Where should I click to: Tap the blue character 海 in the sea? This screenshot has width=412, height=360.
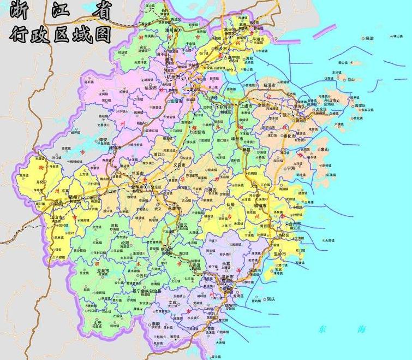360,329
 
